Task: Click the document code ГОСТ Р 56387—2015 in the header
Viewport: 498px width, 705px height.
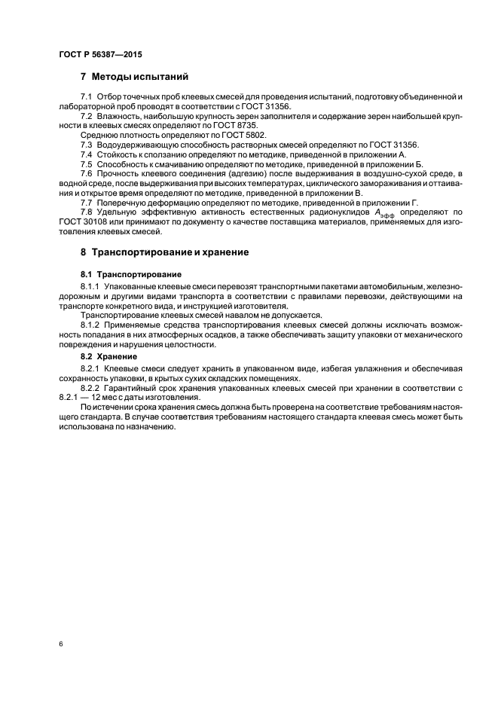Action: [99, 56]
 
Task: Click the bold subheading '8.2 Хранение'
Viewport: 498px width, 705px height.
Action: [108, 355]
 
